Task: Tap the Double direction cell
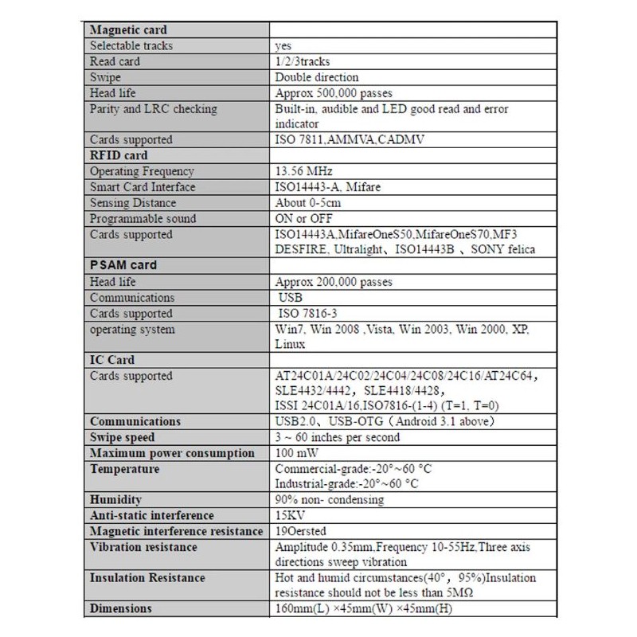(x=317, y=77)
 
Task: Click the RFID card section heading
(x=119, y=155)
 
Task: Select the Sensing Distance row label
(x=131, y=203)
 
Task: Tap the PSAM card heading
(x=123, y=265)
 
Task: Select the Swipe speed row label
(x=122, y=437)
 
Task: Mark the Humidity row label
(x=115, y=500)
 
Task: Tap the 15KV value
(x=288, y=516)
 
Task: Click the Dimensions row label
(x=120, y=609)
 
